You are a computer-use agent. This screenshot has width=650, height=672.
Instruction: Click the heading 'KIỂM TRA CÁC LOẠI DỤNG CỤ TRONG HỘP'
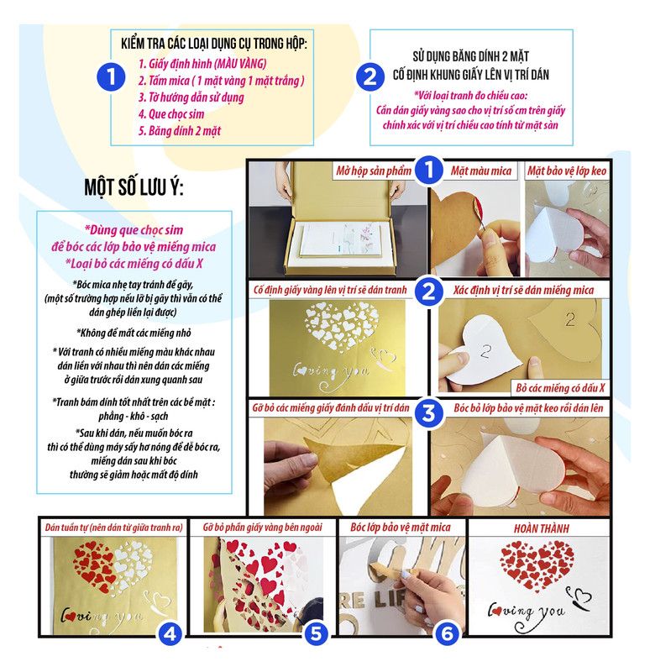pos(213,44)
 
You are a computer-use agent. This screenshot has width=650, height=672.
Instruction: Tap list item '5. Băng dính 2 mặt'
pos(180,131)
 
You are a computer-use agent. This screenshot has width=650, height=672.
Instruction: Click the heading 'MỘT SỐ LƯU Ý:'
pos(134,186)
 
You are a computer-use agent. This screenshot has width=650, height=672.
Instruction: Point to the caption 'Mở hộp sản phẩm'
pos(373,171)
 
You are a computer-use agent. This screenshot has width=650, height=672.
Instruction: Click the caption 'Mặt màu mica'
pos(481,171)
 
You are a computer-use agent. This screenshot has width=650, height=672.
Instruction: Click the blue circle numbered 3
pos(428,413)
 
